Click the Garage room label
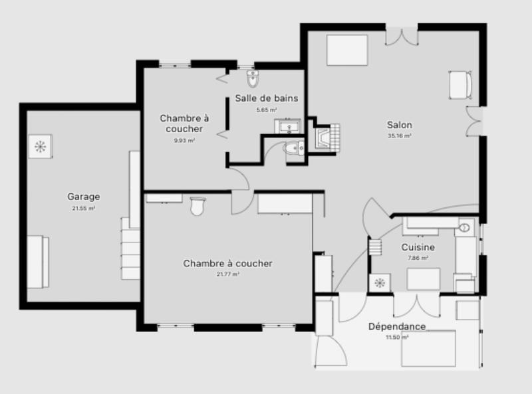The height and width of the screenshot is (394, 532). pos(83,197)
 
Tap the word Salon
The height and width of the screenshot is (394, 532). pos(400,125)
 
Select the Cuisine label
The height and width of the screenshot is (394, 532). pos(418,247)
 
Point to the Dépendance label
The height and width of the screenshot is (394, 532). pos(397,327)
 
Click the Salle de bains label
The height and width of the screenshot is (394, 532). pos(266,98)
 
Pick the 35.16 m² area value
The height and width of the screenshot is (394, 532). pos(400,136)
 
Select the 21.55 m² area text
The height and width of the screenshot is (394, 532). pos(83,208)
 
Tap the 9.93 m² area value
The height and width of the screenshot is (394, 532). pos(184,141)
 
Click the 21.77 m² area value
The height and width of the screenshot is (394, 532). pos(227,274)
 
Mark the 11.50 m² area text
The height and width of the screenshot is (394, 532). pos(397,338)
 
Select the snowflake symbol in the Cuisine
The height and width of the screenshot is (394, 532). pos(380,284)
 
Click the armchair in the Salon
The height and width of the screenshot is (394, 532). pos(460,84)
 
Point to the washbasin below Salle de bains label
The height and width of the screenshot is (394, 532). pos(289,126)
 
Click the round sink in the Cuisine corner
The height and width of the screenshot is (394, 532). pos(464,228)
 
